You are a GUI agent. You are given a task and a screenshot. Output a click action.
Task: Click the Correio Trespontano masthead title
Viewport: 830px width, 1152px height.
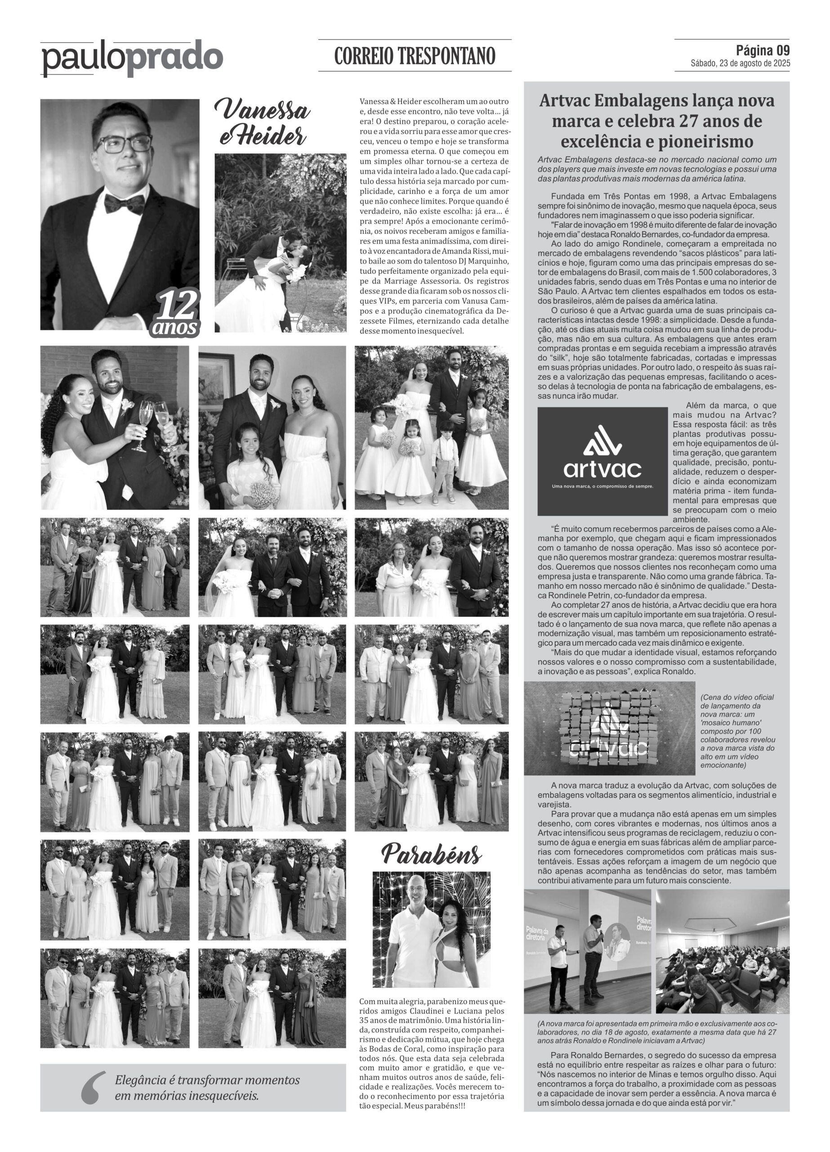(x=414, y=56)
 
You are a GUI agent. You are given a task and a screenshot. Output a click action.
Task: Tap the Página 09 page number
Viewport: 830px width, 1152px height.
(x=763, y=50)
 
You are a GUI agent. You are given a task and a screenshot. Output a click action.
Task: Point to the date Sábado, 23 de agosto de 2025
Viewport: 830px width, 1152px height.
(x=740, y=64)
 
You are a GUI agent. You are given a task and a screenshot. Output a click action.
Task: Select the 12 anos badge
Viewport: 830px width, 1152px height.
(x=176, y=315)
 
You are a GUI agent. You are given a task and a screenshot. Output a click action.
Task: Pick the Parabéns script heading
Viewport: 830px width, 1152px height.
(x=431, y=855)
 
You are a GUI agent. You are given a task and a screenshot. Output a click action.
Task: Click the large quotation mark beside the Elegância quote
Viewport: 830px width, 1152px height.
(x=94, y=1088)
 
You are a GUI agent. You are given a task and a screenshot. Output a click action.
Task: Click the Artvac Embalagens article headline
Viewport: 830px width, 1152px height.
(x=656, y=121)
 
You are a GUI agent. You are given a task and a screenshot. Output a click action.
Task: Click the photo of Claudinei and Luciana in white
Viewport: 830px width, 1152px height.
(x=432, y=930)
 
